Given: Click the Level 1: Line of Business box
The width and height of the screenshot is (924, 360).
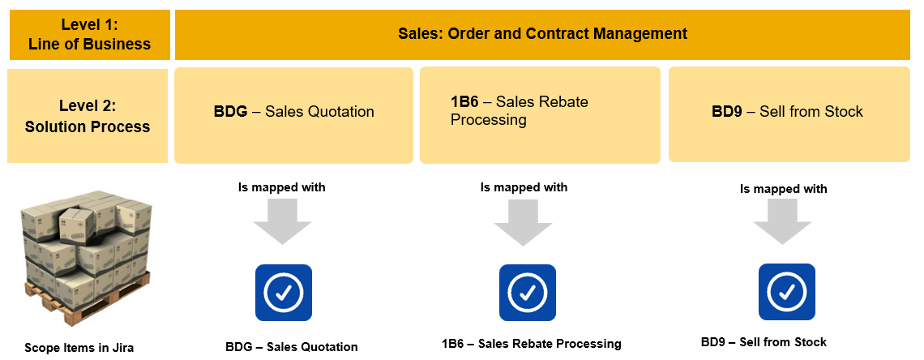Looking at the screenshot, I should [x=89, y=35].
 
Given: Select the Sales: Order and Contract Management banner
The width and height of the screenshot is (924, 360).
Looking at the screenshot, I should [x=542, y=34].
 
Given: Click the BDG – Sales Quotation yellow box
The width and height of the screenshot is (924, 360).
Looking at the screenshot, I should [x=294, y=114].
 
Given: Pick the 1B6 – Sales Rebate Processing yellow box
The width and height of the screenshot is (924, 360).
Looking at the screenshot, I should [x=540, y=114].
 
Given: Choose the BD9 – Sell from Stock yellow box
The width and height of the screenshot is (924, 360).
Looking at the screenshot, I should [x=789, y=114].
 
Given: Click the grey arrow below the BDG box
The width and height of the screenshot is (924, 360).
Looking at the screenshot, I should [x=282, y=221].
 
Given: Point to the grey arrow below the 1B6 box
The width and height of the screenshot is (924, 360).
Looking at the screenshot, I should [x=524, y=221].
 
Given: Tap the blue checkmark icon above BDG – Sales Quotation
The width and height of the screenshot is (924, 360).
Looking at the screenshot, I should [x=283, y=293].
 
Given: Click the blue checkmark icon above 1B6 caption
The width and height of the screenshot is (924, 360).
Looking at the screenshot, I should [x=527, y=293].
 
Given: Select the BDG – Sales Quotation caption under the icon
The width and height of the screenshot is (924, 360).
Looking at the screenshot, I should [x=292, y=347].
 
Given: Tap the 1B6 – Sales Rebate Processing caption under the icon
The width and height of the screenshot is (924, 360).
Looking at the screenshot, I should [x=532, y=344].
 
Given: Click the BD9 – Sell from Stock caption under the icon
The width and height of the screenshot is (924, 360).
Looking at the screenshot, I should [x=764, y=342].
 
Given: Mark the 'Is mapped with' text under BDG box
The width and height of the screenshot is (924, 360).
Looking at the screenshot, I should [x=281, y=187].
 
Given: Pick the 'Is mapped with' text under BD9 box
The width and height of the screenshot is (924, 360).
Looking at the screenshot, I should [x=784, y=189].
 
